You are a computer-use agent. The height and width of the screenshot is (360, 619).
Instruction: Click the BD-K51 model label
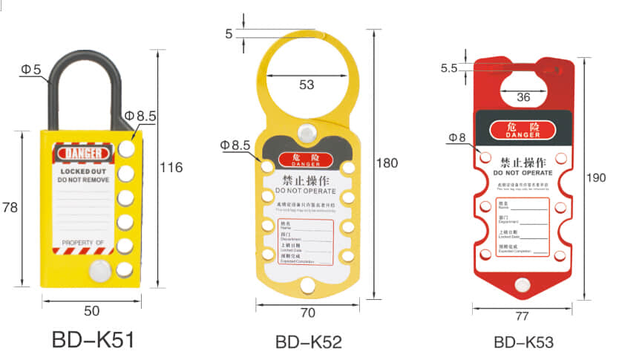coord(93,340)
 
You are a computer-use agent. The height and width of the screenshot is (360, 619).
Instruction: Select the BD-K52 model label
coord(308,342)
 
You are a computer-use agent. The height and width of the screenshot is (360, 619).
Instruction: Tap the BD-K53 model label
coord(523,342)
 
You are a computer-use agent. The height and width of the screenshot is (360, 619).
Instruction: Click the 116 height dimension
coord(171,168)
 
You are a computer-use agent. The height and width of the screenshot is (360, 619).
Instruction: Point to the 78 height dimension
coord(10,209)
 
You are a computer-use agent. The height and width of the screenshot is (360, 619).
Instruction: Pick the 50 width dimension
coord(91,311)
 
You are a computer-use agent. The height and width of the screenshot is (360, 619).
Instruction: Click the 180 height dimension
coord(387,163)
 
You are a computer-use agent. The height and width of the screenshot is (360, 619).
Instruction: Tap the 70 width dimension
coord(307,313)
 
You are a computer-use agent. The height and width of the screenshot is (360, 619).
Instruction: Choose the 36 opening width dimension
coord(523,96)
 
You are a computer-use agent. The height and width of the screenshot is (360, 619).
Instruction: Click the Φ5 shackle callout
coord(30,70)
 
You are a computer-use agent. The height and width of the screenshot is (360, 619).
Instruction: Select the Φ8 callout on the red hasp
coord(456,137)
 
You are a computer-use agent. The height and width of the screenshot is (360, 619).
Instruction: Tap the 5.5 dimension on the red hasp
coord(448,68)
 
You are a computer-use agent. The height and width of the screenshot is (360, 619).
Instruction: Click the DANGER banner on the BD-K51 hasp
coord(83,153)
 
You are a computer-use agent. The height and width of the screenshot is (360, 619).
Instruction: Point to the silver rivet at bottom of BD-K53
coord(524,285)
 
